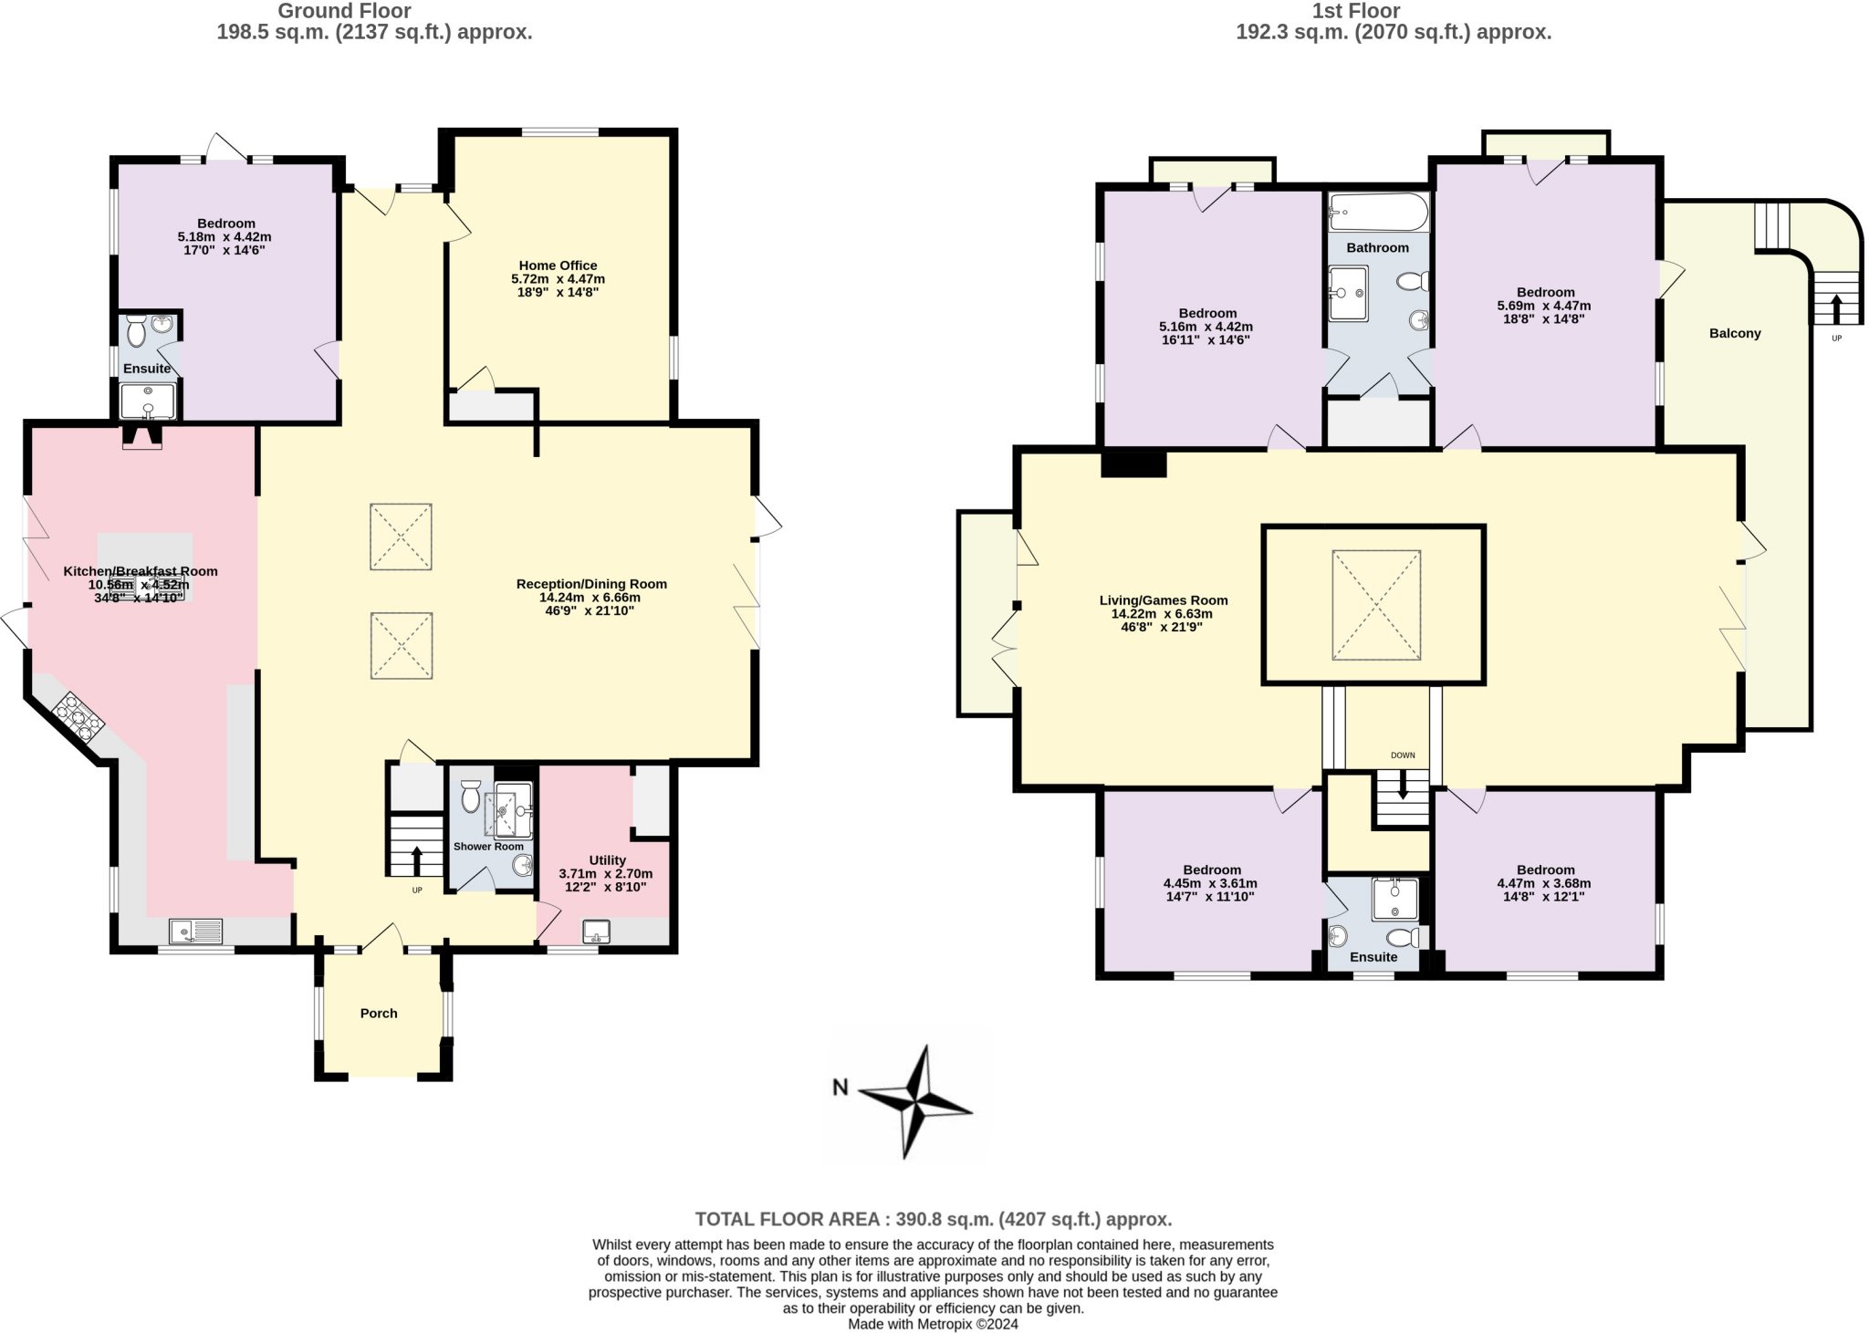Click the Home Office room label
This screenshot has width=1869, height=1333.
[558, 266]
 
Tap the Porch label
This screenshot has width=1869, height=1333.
[378, 1013]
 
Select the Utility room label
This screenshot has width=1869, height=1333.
[607, 859]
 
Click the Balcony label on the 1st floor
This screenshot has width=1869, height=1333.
[1734, 333]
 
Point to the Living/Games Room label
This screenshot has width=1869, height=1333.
[1163, 600]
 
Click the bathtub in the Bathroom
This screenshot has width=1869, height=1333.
[1377, 213]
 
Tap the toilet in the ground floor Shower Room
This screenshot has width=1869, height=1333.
[471, 796]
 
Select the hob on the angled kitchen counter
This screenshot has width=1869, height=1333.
[78, 717]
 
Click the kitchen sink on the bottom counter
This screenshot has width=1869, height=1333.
[196, 932]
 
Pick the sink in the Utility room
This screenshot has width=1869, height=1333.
[597, 932]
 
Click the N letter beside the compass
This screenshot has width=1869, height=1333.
[841, 1087]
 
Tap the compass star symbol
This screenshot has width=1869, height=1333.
[915, 1102]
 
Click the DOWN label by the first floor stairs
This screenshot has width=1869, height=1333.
[1402, 755]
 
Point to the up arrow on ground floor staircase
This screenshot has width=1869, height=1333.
[416, 860]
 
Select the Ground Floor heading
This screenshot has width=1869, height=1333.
[344, 11]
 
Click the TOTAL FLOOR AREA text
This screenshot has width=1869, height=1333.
[933, 1219]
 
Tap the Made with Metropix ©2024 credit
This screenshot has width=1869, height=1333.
[933, 1324]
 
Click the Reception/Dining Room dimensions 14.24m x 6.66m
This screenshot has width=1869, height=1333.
[590, 598]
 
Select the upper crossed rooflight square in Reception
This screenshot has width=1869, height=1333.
[401, 536]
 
